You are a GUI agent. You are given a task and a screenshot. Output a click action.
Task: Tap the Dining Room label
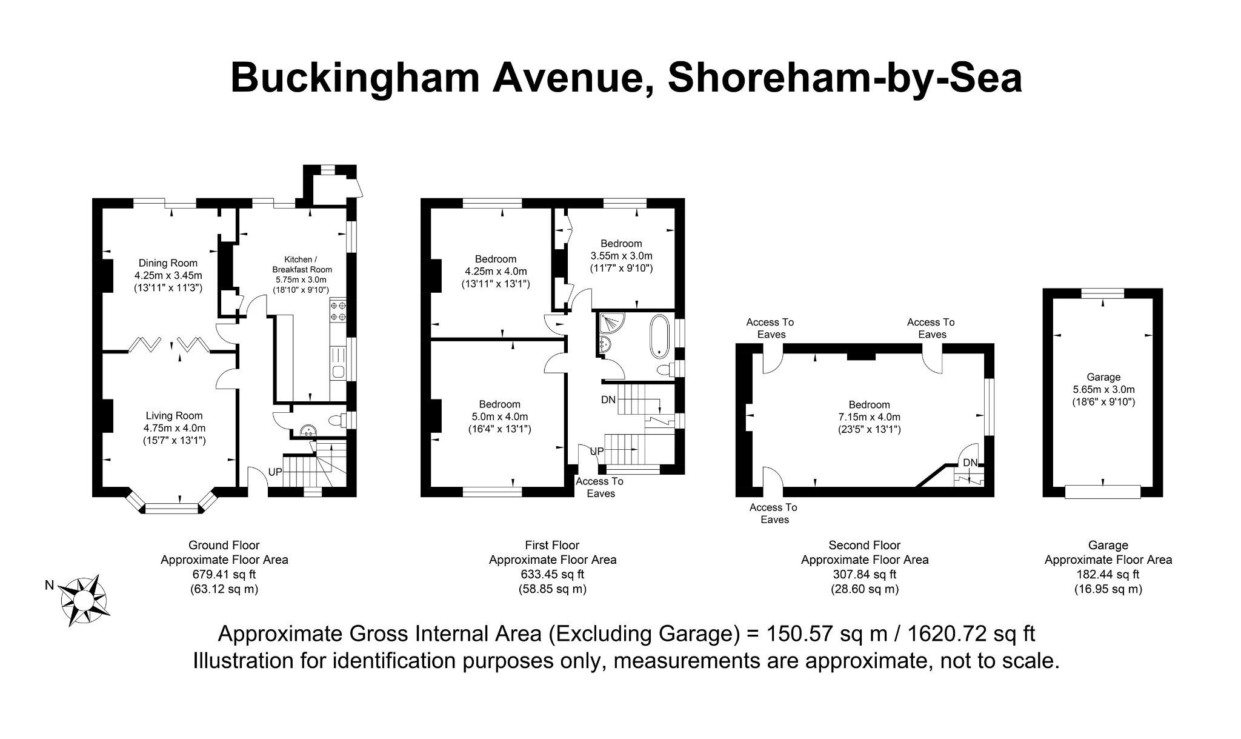click(168, 263)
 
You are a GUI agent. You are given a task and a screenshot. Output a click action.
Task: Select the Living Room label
click(174, 416)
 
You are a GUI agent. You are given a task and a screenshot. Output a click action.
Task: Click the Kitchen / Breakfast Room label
click(302, 264)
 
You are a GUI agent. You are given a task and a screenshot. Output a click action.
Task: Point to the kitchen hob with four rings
click(338, 311)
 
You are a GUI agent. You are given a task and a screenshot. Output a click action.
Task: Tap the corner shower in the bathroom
click(610, 324)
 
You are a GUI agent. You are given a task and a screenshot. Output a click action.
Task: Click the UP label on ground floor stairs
click(274, 472)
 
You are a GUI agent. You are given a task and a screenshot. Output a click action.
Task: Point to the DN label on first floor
click(608, 400)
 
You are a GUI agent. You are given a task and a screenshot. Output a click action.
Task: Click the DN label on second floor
click(970, 463)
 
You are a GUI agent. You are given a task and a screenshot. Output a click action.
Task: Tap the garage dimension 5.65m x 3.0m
click(1103, 389)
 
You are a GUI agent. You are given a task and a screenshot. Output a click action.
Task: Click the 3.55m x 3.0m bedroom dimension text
click(621, 256)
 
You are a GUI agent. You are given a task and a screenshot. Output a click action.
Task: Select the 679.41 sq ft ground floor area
click(224, 574)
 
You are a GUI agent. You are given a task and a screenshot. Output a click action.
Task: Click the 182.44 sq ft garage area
click(1108, 574)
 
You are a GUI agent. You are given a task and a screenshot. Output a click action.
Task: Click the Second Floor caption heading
click(864, 545)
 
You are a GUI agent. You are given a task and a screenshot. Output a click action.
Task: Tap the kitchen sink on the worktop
click(338, 371)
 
